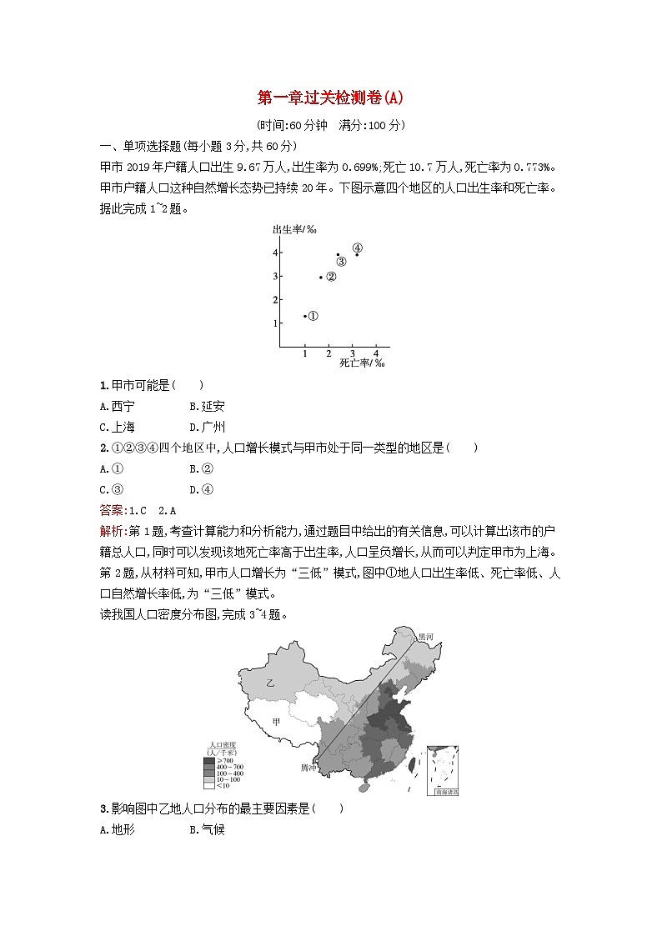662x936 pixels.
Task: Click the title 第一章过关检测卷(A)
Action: click(x=330, y=98)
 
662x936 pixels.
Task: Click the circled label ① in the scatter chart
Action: click(x=313, y=316)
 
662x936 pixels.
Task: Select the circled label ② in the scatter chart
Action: click(x=331, y=277)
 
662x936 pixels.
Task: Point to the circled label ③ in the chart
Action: click(x=341, y=262)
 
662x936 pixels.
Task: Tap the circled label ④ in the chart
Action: click(x=357, y=248)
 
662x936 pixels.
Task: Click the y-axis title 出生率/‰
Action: click(x=288, y=229)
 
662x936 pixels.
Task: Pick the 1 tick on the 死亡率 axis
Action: click(x=305, y=353)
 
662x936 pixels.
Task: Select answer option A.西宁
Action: click(x=117, y=406)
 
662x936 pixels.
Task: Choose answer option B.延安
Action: click(x=207, y=406)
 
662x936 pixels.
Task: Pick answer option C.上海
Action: click(x=117, y=427)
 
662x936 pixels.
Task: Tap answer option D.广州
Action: click(x=207, y=427)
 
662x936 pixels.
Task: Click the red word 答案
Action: click(x=109, y=510)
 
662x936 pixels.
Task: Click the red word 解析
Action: click(x=109, y=531)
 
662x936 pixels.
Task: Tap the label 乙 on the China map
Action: click(x=269, y=683)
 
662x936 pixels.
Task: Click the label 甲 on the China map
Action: click(x=276, y=722)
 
